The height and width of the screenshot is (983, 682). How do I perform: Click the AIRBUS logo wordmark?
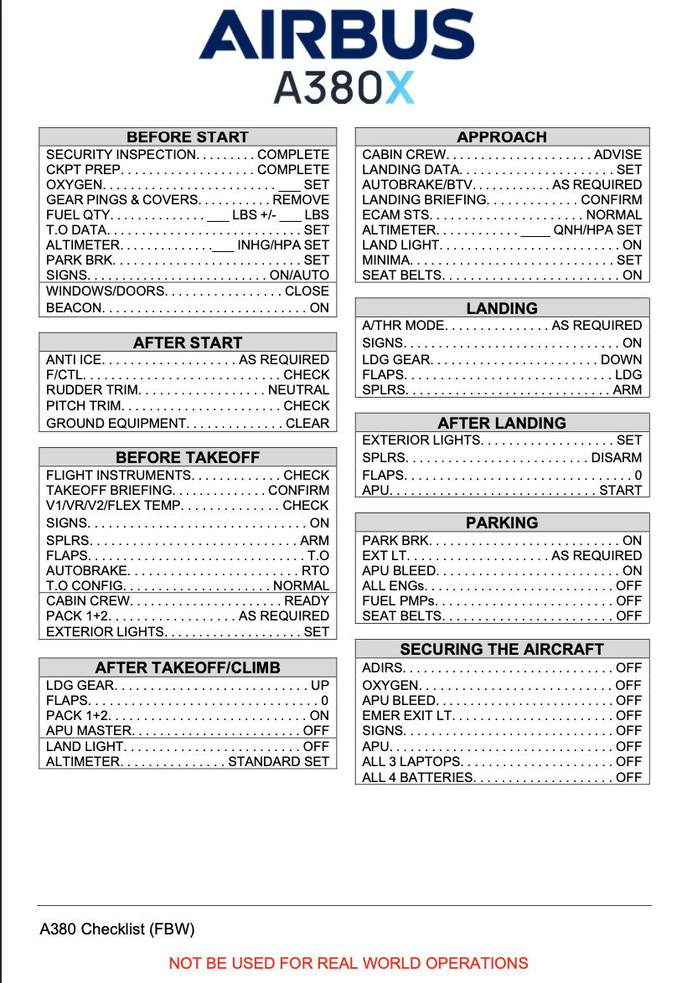coord(336,35)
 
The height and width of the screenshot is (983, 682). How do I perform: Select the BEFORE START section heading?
coord(188,137)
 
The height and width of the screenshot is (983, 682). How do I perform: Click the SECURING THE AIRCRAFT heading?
coord(502,649)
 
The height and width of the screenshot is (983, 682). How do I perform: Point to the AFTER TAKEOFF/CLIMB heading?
coord(188,667)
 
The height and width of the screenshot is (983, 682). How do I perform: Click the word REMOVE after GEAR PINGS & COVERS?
coord(301,200)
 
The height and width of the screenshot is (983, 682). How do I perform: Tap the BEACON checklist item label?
coord(74,307)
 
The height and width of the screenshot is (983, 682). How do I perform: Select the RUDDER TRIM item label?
coord(93,390)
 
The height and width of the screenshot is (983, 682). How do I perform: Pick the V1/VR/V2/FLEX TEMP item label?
coord(112,506)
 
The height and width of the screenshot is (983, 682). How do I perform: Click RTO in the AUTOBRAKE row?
coord(316,570)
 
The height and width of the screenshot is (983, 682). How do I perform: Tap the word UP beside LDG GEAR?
coord(320,685)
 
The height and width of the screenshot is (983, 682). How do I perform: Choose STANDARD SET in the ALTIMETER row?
coord(278,762)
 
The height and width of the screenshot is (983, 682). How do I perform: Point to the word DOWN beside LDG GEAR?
coord(621,360)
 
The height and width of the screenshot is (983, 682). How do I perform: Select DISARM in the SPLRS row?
coord(617,458)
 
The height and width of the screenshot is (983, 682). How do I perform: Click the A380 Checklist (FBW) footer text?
coord(117,929)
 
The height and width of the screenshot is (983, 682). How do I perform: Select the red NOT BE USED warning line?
coord(349,963)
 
